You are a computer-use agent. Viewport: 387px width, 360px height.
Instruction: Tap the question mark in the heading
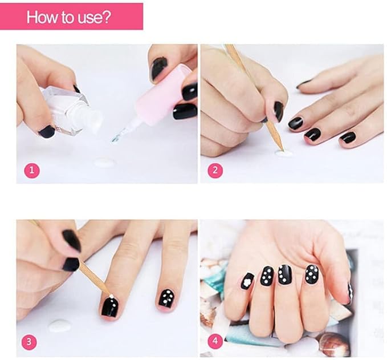(x=107, y=17)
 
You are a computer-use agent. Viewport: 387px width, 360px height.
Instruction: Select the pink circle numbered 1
(x=31, y=170)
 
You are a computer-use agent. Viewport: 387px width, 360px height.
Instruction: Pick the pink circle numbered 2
(x=215, y=170)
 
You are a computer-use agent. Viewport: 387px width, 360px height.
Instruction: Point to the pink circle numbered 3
(x=29, y=342)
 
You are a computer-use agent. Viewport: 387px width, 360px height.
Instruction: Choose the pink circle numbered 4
(x=215, y=341)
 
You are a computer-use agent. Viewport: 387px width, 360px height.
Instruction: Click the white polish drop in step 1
(x=105, y=162)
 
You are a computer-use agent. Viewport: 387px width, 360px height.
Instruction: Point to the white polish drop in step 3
(x=59, y=326)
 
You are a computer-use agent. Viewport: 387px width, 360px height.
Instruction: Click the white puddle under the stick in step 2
(x=283, y=153)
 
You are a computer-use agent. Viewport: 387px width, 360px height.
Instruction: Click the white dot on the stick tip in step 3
(x=111, y=296)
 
